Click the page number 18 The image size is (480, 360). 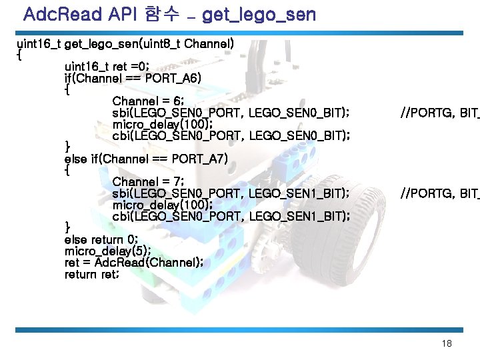coord(447,343)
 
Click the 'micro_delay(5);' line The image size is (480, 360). coord(107,251)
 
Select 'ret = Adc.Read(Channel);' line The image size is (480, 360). coord(133,262)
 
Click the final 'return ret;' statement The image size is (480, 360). coord(92,274)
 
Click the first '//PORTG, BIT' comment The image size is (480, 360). coord(439,113)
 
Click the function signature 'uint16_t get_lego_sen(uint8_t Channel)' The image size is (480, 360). coord(125,43)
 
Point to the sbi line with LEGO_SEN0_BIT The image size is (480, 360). coord(231,113)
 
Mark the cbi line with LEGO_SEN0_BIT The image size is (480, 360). coord(231,135)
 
